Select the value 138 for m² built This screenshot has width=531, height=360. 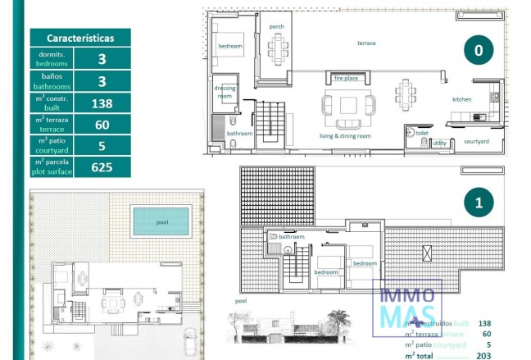[x=102, y=103]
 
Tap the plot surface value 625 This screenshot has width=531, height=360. [x=102, y=167]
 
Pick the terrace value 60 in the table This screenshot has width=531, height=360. [x=102, y=125]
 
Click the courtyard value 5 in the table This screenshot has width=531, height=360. [x=102, y=146]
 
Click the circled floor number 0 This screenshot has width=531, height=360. [x=479, y=50]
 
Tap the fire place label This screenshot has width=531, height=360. [x=346, y=79]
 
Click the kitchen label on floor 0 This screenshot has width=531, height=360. [x=462, y=99]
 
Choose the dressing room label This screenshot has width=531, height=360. [x=225, y=92]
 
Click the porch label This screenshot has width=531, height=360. [x=276, y=26]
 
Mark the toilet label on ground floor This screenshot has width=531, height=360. [x=422, y=132]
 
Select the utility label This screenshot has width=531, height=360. [x=439, y=143]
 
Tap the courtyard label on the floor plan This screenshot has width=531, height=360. [x=476, y=141]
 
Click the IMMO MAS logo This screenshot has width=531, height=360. [x=408, y=306]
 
